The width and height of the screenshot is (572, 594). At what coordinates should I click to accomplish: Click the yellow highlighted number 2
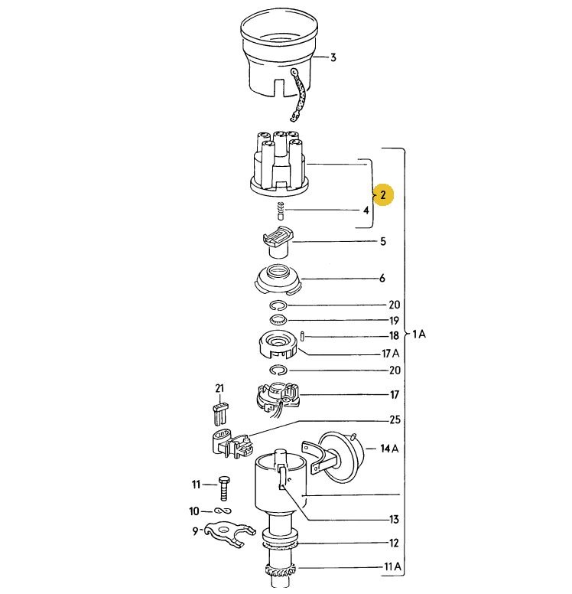coord(382,194)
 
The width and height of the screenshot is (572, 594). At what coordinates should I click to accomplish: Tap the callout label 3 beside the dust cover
coord(333,57)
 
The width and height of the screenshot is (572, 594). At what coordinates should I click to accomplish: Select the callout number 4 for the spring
coord(366,211)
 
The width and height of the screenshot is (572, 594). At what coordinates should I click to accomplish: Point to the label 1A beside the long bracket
coord(419,334)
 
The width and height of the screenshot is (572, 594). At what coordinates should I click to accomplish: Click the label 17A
coord(391,354)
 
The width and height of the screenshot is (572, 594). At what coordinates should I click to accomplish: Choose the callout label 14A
coord(389,449)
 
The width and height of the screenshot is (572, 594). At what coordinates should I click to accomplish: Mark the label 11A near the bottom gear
coord(392,566)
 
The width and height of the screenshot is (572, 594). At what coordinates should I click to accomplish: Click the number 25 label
coord(395,419)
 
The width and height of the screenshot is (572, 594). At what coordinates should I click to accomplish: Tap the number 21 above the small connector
coord(219,388)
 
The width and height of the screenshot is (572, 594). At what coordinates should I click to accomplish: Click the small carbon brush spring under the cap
coord(281,211)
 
